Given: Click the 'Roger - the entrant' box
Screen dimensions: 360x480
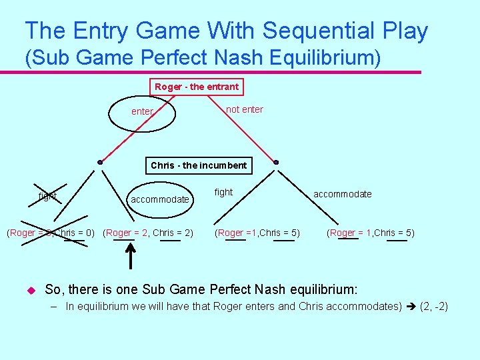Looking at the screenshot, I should pos(197,87).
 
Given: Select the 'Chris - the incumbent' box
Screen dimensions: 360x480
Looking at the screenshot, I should pos(199,165).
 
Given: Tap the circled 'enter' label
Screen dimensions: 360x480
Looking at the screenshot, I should pos(143,111).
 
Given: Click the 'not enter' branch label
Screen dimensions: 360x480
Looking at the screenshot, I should pos(245,109).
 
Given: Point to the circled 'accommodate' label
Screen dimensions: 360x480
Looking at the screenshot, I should pos(160,199).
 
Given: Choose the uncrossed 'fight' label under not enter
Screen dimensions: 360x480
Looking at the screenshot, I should pos(223,192).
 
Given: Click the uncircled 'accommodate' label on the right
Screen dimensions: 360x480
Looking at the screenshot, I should pos(343,194).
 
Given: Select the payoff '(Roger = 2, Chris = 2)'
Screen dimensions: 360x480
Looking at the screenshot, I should pos(149,233).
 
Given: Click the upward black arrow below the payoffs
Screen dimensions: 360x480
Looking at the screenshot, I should pos(131,257).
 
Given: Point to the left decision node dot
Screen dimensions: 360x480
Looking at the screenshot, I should pos(100,162).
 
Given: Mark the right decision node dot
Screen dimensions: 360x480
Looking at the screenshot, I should pos(276,162).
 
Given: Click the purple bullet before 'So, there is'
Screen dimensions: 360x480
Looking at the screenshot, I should pos(30,291).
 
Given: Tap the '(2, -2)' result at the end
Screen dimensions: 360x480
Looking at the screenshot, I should pos(433,307).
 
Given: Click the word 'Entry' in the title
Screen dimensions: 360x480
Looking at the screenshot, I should pos(103,31).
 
